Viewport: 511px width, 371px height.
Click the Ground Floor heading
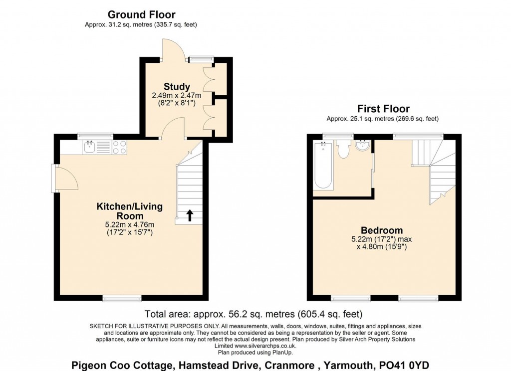tap(141, 14)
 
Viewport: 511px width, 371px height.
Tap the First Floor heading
tap(383, 109)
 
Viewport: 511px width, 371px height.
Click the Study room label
tap(177, 87)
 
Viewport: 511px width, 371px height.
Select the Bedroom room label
tap(382, 230)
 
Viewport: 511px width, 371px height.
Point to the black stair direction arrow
tap(190, 215)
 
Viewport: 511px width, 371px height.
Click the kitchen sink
tap(89, 147)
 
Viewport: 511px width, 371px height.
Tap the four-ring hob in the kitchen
tap(120, 147)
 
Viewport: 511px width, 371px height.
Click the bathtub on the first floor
tap(323, 166)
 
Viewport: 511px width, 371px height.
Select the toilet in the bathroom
tap(343, 150)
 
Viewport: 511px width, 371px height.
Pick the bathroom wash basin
tap(362, 146)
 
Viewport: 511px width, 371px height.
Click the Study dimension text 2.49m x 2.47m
tap(176, 96)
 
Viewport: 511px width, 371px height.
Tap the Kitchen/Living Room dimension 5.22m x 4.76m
tap(129, 225)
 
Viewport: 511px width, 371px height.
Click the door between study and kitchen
tap(173, 128)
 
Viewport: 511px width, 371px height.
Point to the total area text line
tap(253, 314)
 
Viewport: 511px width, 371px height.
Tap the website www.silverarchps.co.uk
tap(265, 346)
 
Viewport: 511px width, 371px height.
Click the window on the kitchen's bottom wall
tap(122, 298)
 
